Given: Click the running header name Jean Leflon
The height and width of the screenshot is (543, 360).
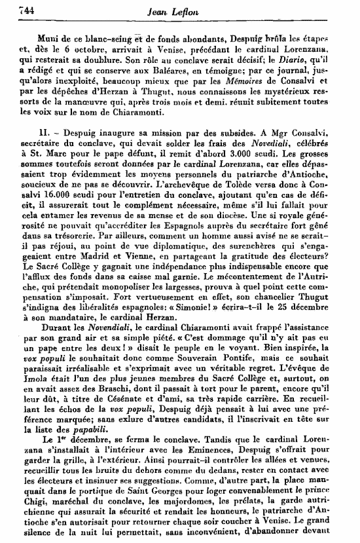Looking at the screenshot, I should click(x=187, y=10).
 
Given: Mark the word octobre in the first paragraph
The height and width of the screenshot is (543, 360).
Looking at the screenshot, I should click(x=82, y=46).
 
